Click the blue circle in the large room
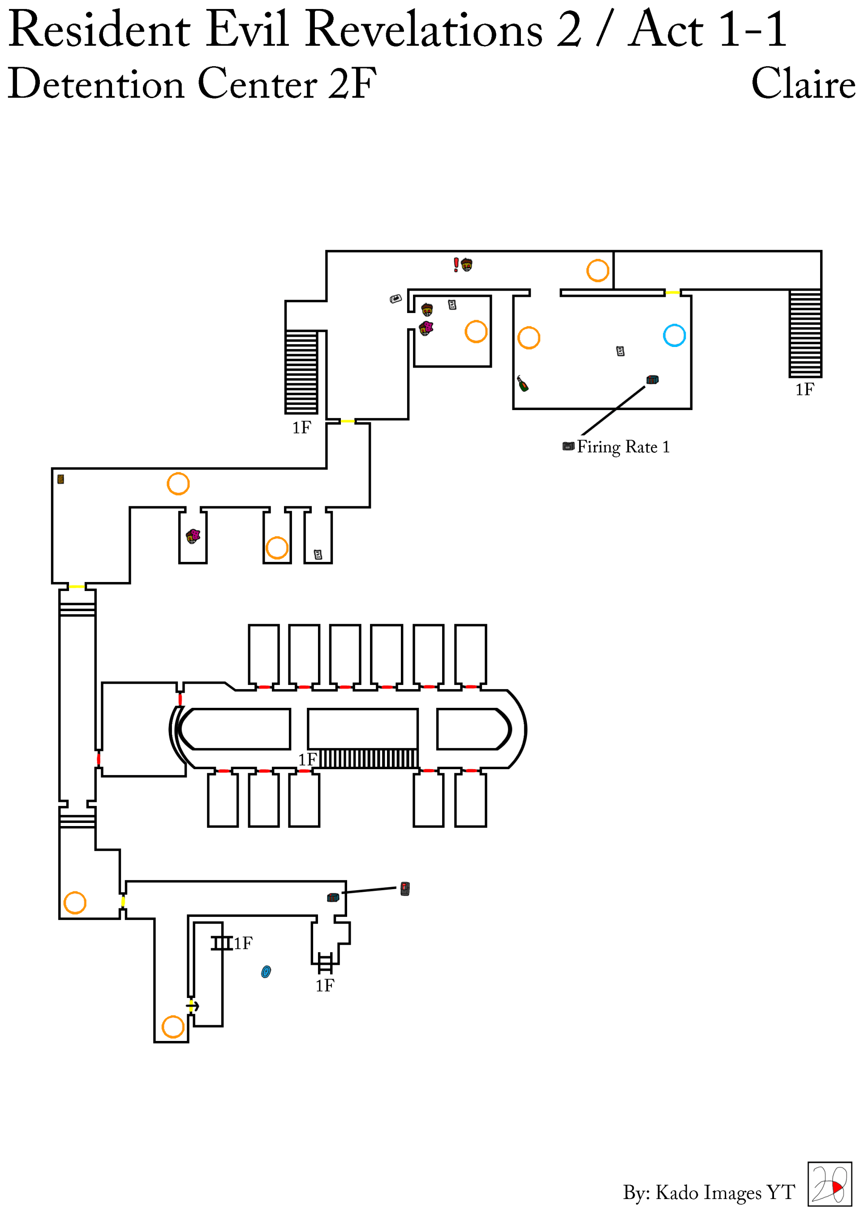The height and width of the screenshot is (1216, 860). [674, 335]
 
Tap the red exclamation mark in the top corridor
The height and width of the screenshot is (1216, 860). [456, 264]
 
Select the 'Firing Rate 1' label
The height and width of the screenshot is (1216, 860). [623, 447]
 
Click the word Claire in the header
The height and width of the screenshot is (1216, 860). [803, 84]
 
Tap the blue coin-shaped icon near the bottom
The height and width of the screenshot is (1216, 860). [266, 971]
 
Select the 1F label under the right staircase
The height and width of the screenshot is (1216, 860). [804, 390]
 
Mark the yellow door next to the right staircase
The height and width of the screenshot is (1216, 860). [672, 292]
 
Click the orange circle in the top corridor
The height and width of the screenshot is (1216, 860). [597, 270]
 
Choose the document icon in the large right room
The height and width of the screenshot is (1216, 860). [620, 351]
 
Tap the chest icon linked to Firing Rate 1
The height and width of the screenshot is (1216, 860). [652, 380]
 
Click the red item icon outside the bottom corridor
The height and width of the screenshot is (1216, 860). [405, 889]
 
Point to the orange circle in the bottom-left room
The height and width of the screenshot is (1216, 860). [75, 903]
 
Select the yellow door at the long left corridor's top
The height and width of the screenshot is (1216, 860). [76, 587]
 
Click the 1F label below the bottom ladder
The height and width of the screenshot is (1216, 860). [325, 985]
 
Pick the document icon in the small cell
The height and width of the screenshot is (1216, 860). [318, 555]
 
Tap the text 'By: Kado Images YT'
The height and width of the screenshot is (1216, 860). [709, 1192]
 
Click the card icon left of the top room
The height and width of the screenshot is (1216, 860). [396, 299]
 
